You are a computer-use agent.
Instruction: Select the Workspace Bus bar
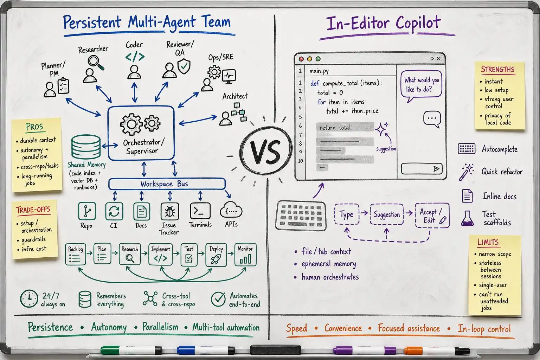pos(167,184)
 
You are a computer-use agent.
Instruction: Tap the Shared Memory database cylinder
pos(86,147)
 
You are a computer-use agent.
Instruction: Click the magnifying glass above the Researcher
pos(96,62)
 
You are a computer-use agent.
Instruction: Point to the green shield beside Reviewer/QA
pos(184,66)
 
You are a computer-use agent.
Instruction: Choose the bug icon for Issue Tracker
pos(170,212)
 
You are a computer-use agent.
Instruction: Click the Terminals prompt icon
pos(200,211)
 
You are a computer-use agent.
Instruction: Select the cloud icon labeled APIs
pos(231,210)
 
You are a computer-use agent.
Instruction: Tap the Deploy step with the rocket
pos(216,255)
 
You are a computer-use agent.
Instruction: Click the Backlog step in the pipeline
pos(76,254)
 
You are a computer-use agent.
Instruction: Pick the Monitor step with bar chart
pos(245,255)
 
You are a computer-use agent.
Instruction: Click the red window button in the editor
pos(301,59)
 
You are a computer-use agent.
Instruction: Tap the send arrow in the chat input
pos(436,168)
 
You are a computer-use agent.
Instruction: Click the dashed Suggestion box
pos(387,214)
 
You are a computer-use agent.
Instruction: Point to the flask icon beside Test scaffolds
pos(467,218)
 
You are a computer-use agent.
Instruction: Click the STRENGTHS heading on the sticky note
pos(498,70)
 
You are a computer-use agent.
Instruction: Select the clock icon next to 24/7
pos(29,298)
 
